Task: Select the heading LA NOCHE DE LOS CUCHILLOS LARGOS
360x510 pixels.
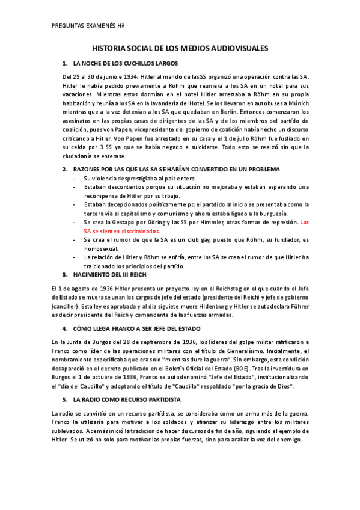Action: pos(124,63)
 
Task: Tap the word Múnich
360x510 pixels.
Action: pos(295,103)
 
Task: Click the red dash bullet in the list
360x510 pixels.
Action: pos(74,223)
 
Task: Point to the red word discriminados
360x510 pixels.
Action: pos(140,231)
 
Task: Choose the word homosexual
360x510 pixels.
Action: pos(102,248)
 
